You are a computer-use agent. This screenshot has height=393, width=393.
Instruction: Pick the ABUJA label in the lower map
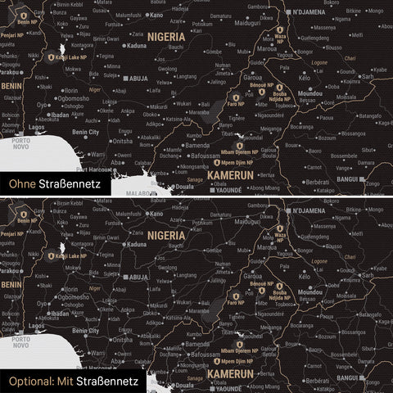click(136, 278)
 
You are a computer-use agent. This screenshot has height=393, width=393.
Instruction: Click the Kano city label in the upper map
click(156, 16)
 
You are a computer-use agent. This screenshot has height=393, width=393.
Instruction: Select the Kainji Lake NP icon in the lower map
click(52, 255)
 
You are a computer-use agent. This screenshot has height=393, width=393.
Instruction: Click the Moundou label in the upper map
click(311, 93)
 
